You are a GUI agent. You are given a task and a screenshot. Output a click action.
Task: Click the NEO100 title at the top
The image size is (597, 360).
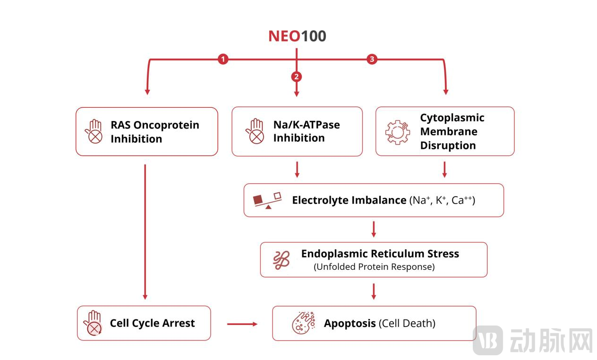click(x=297, y=36)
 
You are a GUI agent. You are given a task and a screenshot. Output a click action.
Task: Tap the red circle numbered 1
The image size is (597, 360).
click(x=223, y=59)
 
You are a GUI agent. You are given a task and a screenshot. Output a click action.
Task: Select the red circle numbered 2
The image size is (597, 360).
click(x=297, y=76)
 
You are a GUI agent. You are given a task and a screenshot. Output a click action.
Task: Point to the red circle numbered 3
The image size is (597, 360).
click(x=372, y=59)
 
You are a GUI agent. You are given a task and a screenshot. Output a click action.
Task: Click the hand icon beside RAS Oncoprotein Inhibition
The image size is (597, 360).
click(x=94, y=131)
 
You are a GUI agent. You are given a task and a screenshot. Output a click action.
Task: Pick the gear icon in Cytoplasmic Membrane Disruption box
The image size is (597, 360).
click(x=397, y=131)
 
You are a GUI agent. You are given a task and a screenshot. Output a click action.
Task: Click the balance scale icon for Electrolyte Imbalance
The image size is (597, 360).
click(x=267, y=200)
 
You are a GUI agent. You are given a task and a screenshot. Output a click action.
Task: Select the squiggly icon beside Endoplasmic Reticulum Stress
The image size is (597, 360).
click(x=282, y=260)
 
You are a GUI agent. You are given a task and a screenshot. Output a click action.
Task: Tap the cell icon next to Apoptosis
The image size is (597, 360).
click(x=303, y=323)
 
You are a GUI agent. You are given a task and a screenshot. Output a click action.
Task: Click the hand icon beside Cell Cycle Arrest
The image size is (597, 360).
click(x=94, y=323)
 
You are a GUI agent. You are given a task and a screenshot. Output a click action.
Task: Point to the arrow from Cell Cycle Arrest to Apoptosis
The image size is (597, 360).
click(x=242, y=324)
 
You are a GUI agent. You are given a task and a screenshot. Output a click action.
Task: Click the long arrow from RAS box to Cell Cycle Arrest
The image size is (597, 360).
click(x=145, y=231)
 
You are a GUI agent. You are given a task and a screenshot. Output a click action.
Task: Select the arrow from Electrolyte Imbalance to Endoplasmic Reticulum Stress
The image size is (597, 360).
click(x=374, y=229)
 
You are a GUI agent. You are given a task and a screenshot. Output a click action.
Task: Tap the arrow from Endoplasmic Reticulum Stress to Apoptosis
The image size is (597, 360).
click(x=374, y=291)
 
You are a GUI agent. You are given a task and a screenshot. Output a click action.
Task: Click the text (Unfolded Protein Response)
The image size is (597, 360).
click(x=374, y=266)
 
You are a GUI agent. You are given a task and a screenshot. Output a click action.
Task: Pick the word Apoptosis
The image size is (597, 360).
click(x=350, y=324)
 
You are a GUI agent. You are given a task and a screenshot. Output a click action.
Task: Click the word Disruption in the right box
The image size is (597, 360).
click(x=448, y=146)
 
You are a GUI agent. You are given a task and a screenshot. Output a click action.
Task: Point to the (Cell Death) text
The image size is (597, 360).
click(x=407, y=324)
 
